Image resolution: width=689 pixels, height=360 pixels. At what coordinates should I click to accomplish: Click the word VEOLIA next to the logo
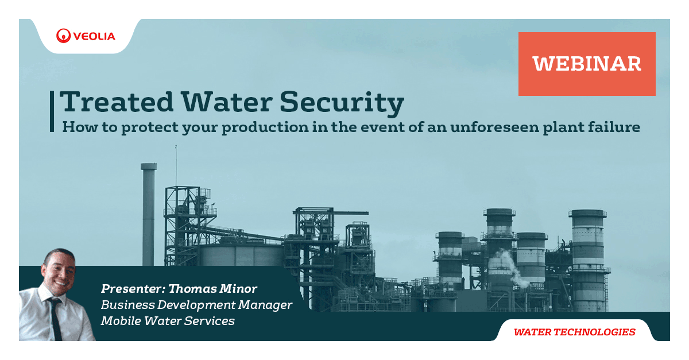point(94,36)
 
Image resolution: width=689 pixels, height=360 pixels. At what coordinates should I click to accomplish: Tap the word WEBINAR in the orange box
point(587,64)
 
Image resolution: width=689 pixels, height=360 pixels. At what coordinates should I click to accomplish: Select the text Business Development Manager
point(196,304)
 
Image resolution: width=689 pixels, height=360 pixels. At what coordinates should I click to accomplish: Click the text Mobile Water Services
point(168,321)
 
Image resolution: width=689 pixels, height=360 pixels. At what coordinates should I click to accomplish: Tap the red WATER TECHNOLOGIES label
point(574,332)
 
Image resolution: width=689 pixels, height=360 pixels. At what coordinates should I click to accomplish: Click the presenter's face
point(59,269)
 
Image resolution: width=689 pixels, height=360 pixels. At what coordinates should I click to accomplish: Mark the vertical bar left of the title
point(53,111)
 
